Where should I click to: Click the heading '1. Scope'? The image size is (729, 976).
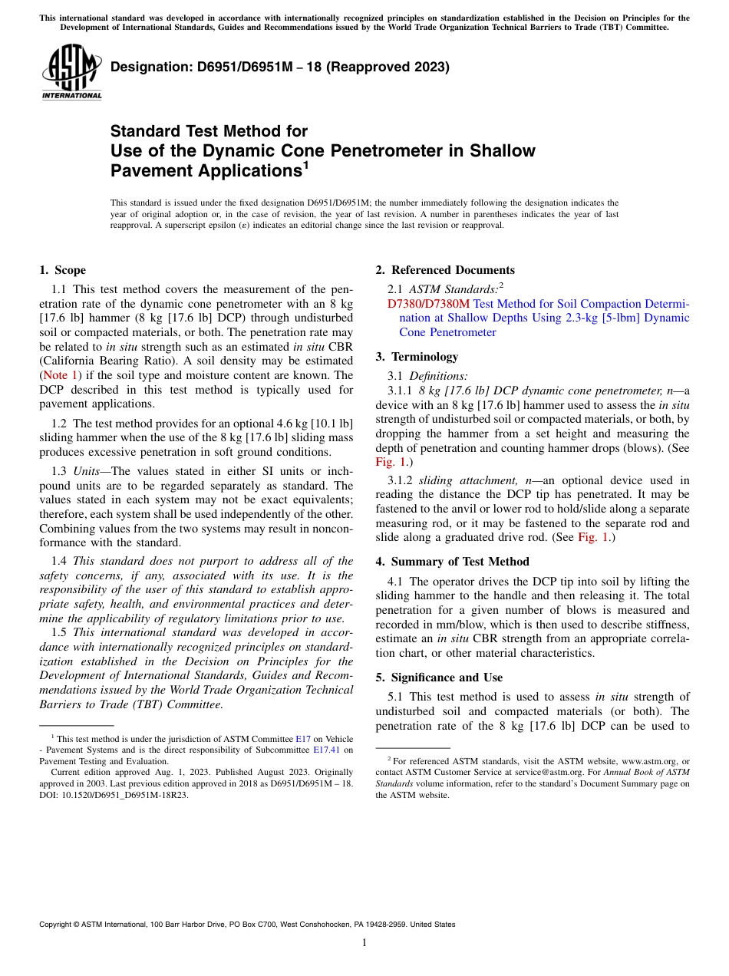[62, 270]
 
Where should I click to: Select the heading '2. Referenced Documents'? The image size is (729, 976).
[445, 270]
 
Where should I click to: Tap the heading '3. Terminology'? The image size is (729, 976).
[417, 357]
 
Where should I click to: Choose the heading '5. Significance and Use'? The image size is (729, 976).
[439, 678]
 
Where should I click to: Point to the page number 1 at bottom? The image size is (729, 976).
[364, 943]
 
